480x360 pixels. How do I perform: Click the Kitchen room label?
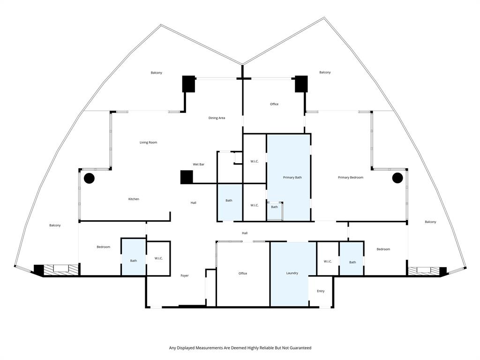(134, 199)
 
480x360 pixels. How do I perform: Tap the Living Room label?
(148, 142)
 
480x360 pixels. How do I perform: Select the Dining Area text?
(217, 118)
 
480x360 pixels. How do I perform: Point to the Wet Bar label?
(198, 165)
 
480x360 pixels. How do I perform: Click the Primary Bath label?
(292, 178)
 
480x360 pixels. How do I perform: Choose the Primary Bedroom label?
(351, 178)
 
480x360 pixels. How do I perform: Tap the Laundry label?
(292, 273)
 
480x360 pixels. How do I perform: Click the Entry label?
(321, 291)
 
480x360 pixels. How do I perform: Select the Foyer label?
(185, 276)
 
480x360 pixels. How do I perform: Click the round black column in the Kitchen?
(89, 178)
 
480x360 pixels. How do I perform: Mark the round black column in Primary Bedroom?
(397, 178)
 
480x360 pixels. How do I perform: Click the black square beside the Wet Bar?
(187, 177)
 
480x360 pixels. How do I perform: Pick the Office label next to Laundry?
(242, 273)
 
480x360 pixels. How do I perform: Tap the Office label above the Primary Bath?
(274, 104)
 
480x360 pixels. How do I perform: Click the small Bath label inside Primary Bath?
(274, 207)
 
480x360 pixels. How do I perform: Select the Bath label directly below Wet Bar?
(229, 201)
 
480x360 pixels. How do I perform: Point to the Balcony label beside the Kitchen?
(55, 225)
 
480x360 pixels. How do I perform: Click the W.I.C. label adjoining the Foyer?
(158, 258)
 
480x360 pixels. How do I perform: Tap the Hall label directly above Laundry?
(245, 233)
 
